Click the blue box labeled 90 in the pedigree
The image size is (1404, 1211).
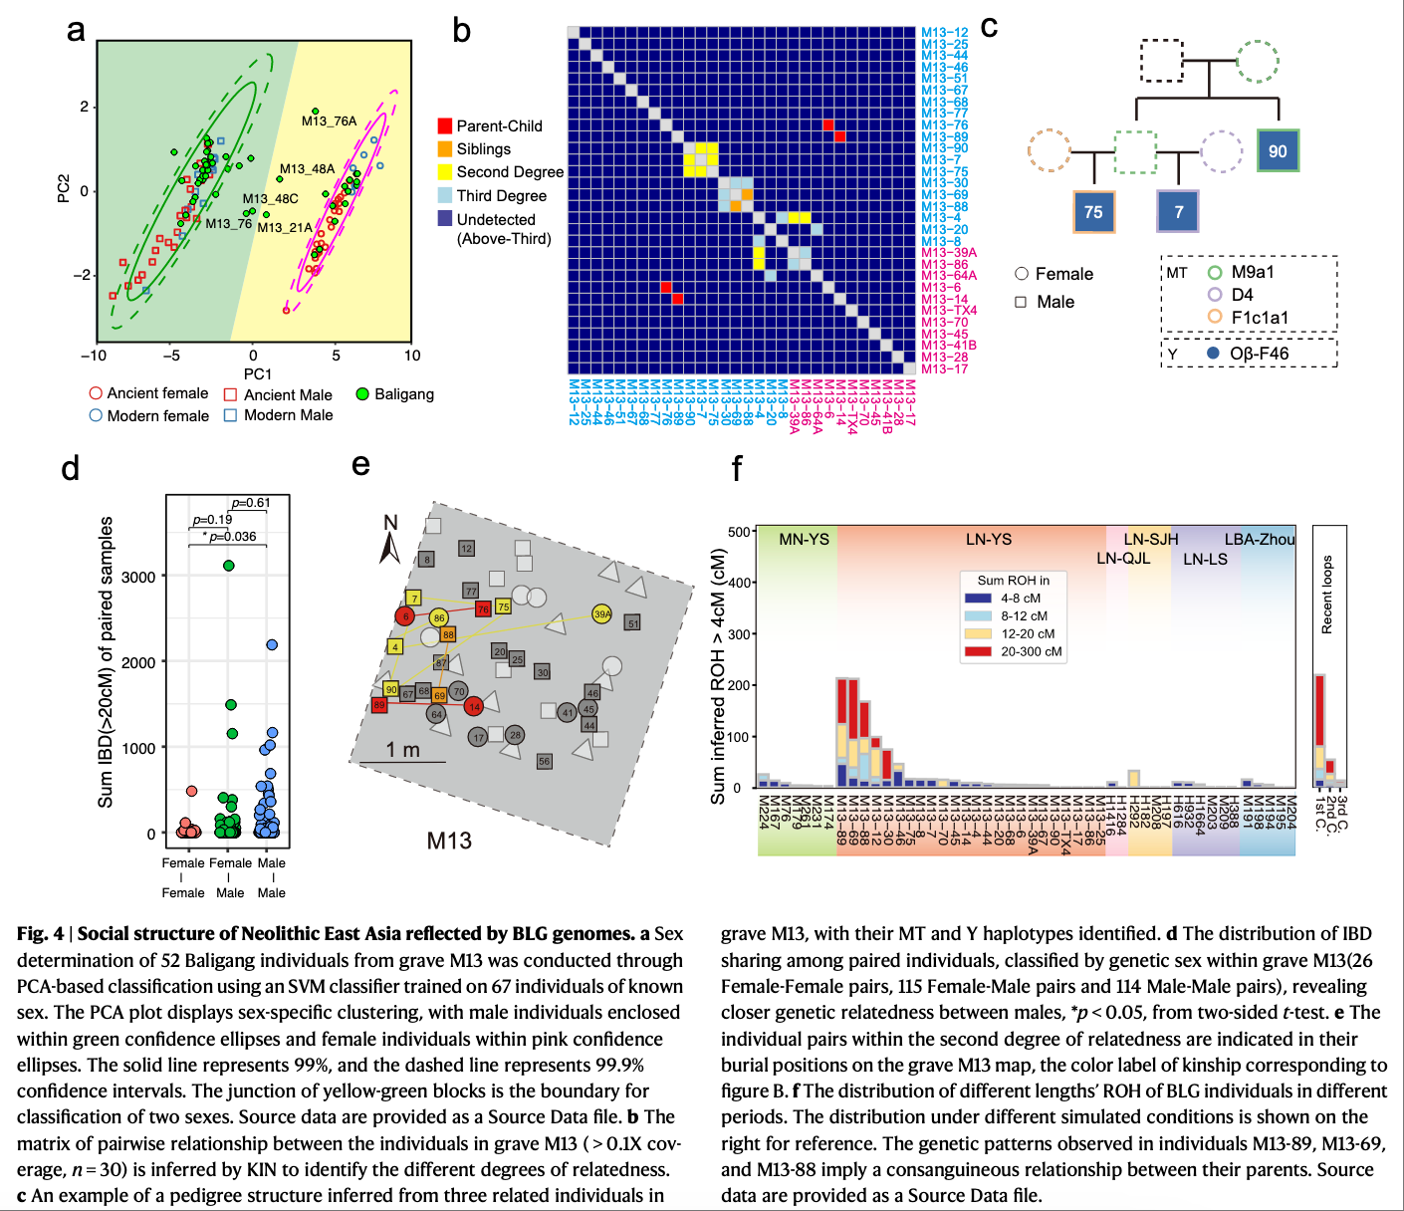coord(1278,151)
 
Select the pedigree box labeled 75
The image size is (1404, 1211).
coord(1093,212)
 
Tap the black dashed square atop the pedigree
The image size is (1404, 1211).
coord(1161,61)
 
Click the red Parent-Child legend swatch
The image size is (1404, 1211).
coord(445,125)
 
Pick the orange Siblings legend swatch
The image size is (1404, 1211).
coord(445,148)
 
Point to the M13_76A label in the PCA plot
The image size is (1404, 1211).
coord(329,121)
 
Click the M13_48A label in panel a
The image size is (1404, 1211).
coord(307,168)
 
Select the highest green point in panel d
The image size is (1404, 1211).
coord(229,565)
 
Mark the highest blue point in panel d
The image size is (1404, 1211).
coord(272,644)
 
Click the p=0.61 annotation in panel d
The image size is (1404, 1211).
coord(250,503)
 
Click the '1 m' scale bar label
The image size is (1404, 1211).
coord(402,749)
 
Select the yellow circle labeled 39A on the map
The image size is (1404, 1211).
coord(601,614)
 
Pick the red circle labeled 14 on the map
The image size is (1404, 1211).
coord(474,706)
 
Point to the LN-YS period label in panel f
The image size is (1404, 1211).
coord(988,539)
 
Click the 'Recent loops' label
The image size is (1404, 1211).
coord(1326,595)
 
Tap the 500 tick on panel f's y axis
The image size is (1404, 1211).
coord(738,532)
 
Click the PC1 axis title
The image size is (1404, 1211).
coord(257,373)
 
